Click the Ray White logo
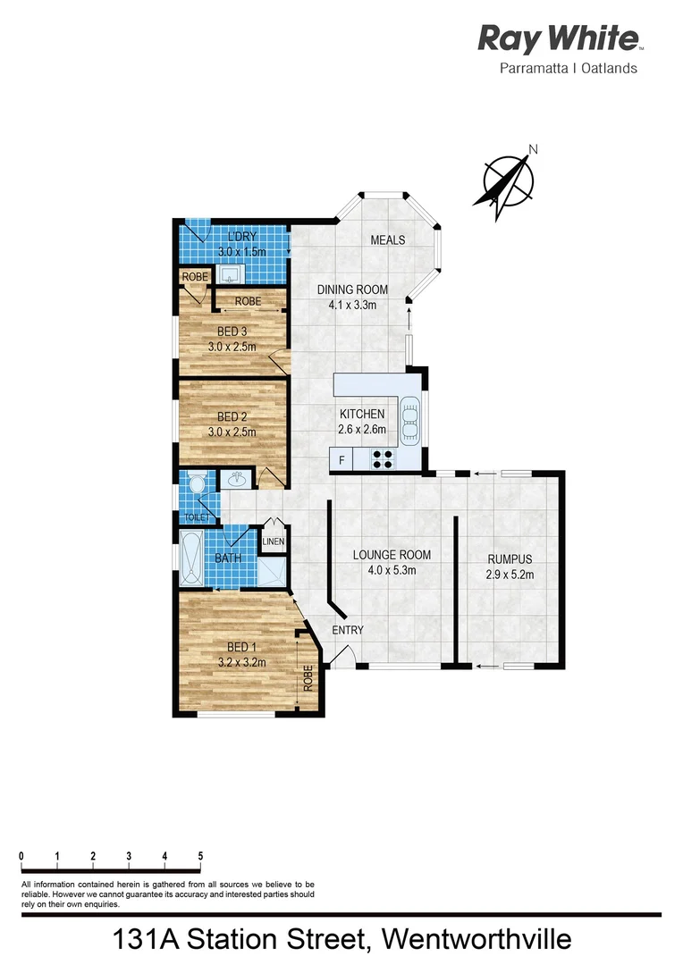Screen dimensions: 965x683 point(558,38)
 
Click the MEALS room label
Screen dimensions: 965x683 point(388,240)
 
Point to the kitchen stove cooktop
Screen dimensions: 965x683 point(383,459)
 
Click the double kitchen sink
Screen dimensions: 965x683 point(409,420)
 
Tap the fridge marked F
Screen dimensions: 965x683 point(341,460)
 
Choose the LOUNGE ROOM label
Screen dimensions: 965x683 point(384,554)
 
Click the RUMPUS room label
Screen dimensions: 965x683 point(510,559)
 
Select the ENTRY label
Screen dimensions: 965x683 point(348,630)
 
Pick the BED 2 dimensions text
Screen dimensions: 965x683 point(232,432)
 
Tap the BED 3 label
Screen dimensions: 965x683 point(232,331)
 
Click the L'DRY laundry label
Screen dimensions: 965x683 point(241,237)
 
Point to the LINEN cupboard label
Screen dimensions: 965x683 point(274,541)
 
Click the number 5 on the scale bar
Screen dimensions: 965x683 point(200,856)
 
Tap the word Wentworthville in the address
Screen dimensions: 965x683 point(476,941)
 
